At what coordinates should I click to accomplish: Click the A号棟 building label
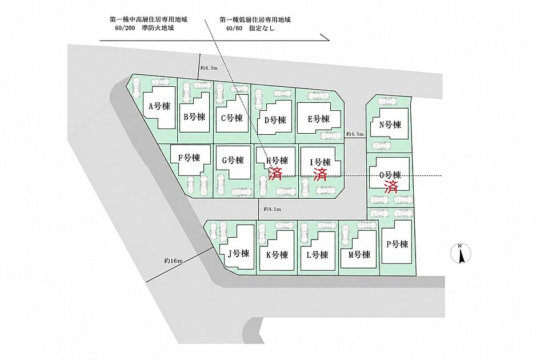pyautogui.click(x=159, y=106)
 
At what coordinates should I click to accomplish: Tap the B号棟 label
pyautogui.click(x=195, y=117)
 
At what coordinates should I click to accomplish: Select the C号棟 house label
pyautogui.click(x=232, y=118)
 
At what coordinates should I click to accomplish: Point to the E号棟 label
pyautogui.click(x=318, y=119)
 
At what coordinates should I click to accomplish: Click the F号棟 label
pyautogui.click(x=189, y=158)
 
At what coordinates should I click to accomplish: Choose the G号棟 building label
pyautogui.click(x=233, y=160)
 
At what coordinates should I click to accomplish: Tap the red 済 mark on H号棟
pyautogui.click(x=275, y=173)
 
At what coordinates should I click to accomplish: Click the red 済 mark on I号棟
pyautogui.click(x=320, y=174)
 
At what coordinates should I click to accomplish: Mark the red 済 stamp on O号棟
pyautogui.click(x=391, y=187)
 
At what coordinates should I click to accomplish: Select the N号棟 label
pyautogui.click(x=390, y=125)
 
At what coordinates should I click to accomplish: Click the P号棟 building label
pyautogui.click(x=397, y=244)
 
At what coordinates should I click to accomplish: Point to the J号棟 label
pyautogui.click(x=238, y=254)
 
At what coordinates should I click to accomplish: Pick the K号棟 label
pyautogui.click(x=277, y=255)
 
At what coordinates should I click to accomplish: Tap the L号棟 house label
pyautogui.click(x=317, y=255)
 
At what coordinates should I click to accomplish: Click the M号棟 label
pyautogui.click(x=359, y=255)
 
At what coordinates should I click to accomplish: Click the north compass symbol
pyautogui.click(x=461, y=254)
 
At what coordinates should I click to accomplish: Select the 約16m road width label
pyautogui.click(x=173, y=261)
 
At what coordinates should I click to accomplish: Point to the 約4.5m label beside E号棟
pyautogui.click(x=355, y=134)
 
